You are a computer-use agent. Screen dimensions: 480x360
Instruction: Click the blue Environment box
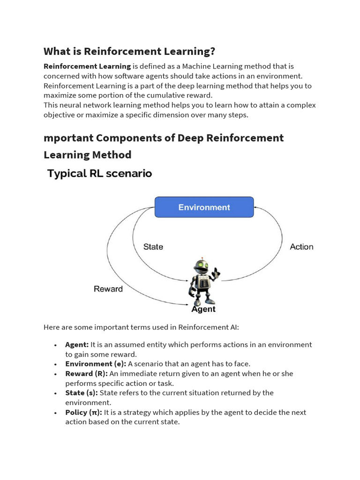click(x=204, y=207)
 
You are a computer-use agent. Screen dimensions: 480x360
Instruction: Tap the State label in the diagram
click(x=153, y=247)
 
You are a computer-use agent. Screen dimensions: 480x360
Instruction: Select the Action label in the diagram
click(x=301, y=247)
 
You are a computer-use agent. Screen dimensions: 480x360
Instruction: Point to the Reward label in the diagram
click(x=108, y=289)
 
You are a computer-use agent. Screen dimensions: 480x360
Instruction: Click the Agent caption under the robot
click(x=203, y=309)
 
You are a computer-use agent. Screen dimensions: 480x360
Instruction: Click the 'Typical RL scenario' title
click(x=99, y=173)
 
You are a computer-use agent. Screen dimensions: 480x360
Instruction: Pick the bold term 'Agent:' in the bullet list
click(x=77, y=345)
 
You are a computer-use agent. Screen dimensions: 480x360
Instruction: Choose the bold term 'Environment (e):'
click(x=96, y=364)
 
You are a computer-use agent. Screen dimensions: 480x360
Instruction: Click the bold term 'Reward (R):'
click(x=86, y=374)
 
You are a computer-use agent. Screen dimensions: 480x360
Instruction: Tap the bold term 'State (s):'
click(x=82, y=393)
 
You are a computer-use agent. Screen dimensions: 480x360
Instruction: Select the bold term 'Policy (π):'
click(x=83, y=412)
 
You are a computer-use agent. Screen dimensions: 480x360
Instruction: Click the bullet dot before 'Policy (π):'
click(x=55, y=412)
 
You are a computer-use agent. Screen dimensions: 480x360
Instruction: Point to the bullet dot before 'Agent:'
click(x=55, y=345)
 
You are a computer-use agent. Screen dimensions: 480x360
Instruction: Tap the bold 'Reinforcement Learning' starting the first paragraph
click(x=87, y=66)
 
